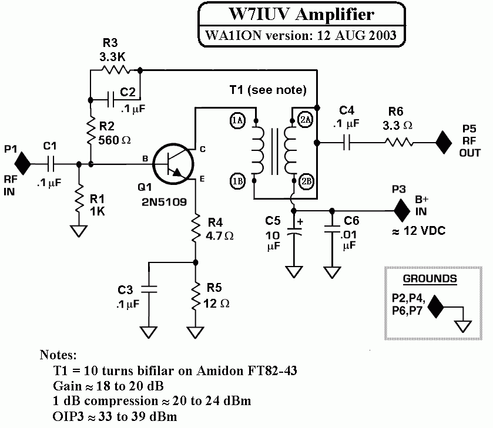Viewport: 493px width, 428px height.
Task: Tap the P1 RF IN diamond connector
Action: click(x=22, y=163)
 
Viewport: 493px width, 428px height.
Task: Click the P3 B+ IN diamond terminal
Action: click(x=402, y=209)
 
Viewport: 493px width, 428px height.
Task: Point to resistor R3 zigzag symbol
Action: click(x=115, y=70)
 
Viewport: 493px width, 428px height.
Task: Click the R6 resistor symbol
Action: click(x=400, y=141)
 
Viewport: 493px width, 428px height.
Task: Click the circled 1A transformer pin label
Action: click(x=237, y=121)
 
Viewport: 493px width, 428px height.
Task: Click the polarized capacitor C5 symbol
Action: click(x=293, y=232)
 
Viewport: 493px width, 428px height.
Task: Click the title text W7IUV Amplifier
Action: click(x=300, y=14)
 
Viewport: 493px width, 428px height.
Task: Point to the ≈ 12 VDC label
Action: click(x=418, y=231)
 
